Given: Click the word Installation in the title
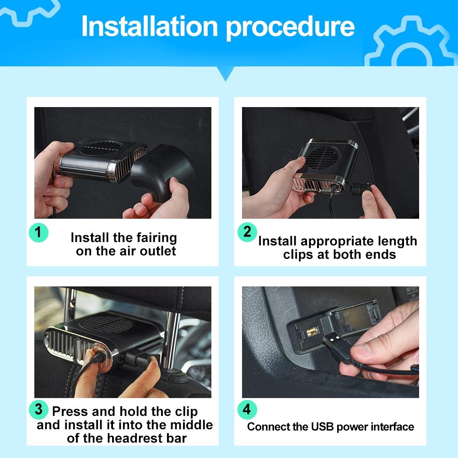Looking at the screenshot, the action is [149, 26].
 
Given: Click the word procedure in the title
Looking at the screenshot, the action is [290, 28].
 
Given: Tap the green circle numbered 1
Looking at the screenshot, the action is [38, 232].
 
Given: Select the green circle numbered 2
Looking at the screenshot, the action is [247, 232].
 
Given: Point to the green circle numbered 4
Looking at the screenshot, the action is [247, 410].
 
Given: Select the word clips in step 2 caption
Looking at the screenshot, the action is [298, 255].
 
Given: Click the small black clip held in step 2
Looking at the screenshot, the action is [361, 188].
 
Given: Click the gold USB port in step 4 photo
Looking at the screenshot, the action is [312, 332].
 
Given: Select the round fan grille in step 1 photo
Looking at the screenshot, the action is [101, 148].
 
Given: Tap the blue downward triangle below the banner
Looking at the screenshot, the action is [226, 74].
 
